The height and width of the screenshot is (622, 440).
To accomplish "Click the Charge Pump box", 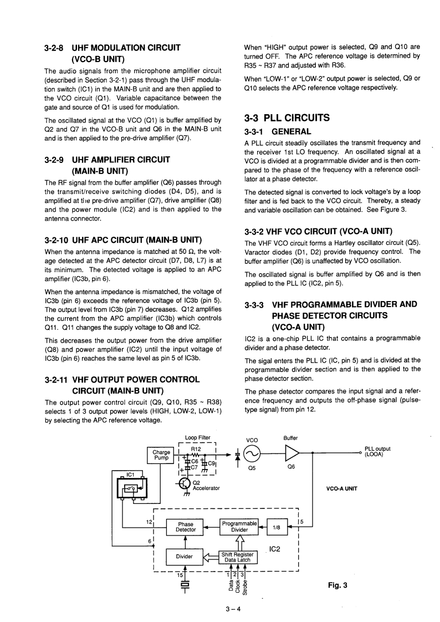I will pyautogui.click(x=161, y=455).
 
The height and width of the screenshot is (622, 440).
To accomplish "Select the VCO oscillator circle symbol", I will pyautogui.click(x=253, y=453).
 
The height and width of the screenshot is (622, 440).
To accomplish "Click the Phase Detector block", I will pyautogui.click(x=186, y=527).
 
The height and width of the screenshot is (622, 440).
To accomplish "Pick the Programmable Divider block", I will pyautogui.click(x=240, y=526).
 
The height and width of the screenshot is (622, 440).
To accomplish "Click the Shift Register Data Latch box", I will pyautogui.click(x=237, y=557).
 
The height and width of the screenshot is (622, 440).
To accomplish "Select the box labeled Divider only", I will pyautogui.click(x=184, y=556).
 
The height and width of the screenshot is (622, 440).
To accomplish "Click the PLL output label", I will pyautogui.click(x=377, y=452).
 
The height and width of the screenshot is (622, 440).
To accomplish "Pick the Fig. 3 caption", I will pyautogui.click(x=338, y=584).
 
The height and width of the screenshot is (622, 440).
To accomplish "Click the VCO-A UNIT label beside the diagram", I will pyautogui.click(x=342, y=488).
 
